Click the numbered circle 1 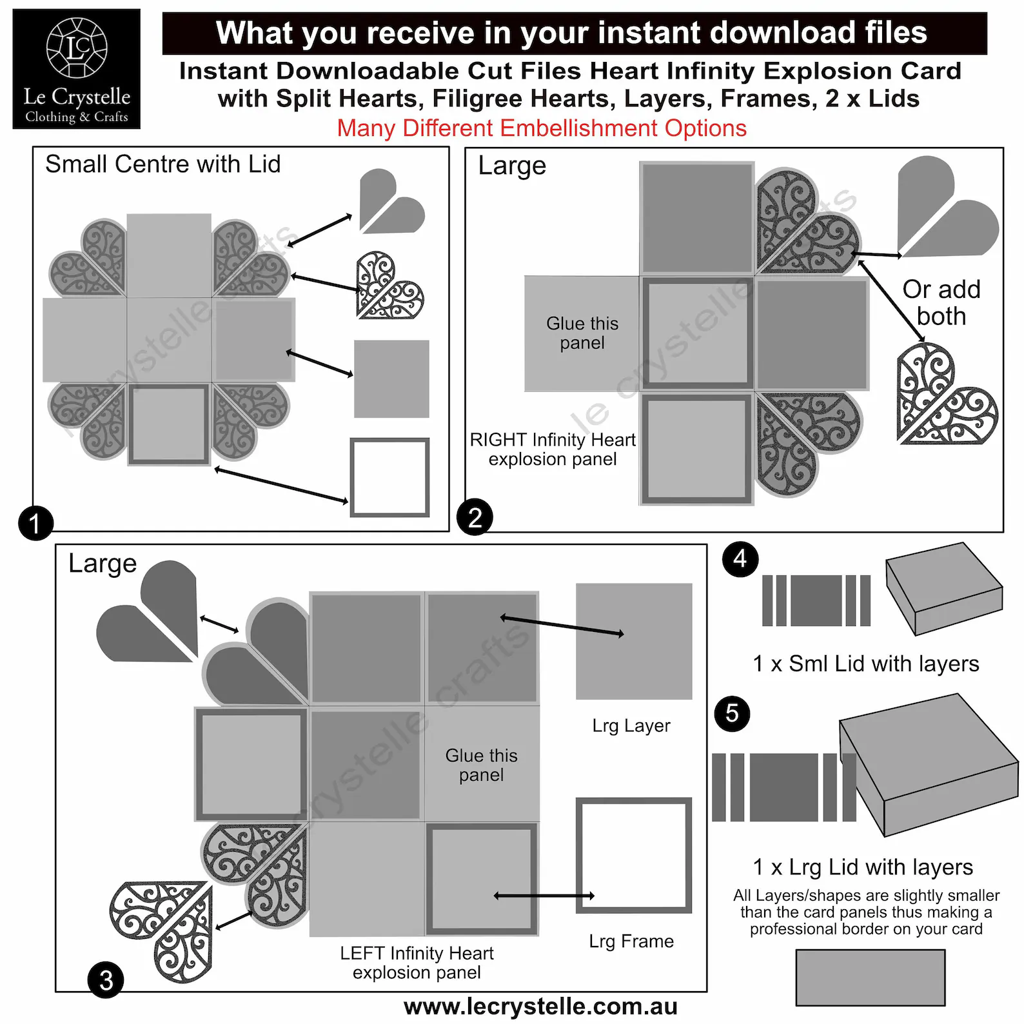(x=35, y=523)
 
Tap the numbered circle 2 (x=475, y=517)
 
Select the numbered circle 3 (x=106, y=980)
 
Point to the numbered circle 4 (x=740, y=559)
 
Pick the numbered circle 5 (x=733, y=713)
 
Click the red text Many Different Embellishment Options (x=542, y=128)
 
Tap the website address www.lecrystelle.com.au (x=540, y=1007)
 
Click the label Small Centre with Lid (x=163, y=164)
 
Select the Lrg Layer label (x=631, y=726)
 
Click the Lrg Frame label (x=631, y=941)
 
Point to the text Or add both (x=941, y=303)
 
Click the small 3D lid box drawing (x=943, y=588)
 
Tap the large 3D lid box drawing (x=929, y=765)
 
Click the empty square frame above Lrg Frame (x=579, y=856)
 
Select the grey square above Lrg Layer (x=634, y=642)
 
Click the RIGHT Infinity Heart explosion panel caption (x=553, y=449)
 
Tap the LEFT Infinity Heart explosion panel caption (x=417, y=963)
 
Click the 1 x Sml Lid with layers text (x=866, y=664)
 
